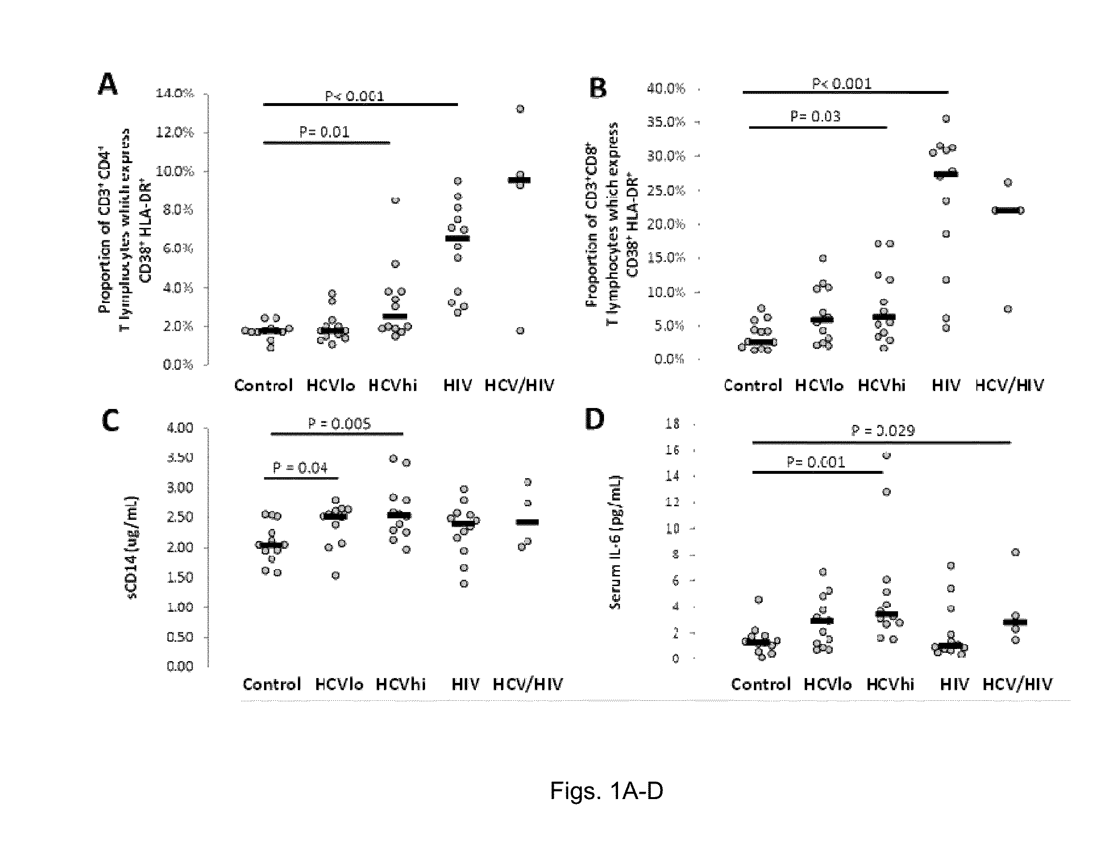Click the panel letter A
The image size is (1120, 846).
coord(107,84)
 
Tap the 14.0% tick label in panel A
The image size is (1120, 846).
coord(175,93)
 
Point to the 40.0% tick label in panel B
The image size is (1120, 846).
coord(666,89)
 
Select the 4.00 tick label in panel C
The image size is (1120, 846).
coord(180,428)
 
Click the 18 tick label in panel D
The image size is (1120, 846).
coord(672,423)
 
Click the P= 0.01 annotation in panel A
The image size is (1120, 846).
coord(324,132)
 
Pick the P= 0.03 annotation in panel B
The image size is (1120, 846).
coord(815,117)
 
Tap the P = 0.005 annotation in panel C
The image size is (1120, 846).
coord(339,423)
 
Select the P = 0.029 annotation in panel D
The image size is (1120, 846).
coord(883,431)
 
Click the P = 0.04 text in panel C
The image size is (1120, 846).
coord(300,468)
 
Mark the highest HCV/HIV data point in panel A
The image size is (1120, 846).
coord(520,109)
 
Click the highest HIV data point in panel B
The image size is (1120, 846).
coord(946,119)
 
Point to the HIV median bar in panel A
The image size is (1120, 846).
coord(457,238)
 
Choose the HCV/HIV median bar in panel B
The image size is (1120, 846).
coord(1008,210)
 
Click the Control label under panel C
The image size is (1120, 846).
coord(272,684)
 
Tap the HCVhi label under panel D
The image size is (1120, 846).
coord(890,684)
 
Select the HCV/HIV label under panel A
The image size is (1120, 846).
coord(519,386)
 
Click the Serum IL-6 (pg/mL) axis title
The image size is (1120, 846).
coord(615,542)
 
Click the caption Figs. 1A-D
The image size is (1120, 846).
coord(606,791)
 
